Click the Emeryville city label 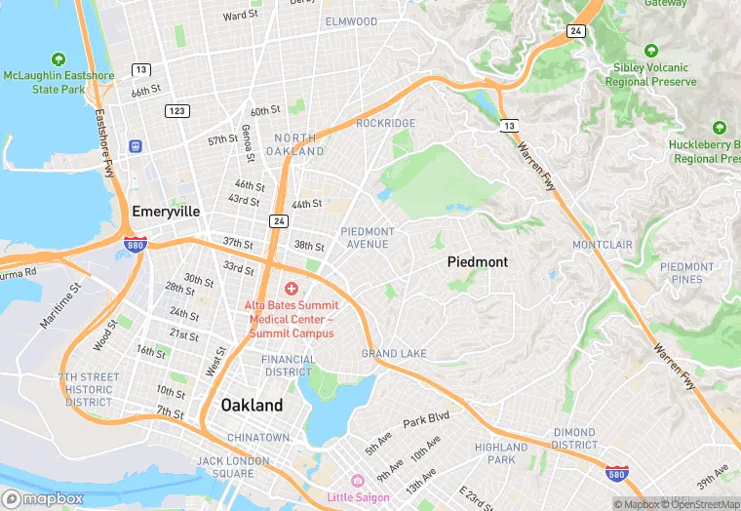click(166, 212)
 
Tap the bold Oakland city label click(252, 405)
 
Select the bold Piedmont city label click(478, 262)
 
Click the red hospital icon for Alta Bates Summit click(292, 289)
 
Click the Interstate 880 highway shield click(136, 244)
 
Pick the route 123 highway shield click(176, 110)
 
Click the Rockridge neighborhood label click(385, 123)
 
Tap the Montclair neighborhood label click(603, 244)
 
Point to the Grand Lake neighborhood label click(393, 353)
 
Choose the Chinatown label click(258, 438)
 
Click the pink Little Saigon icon click(357, 481)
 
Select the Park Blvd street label click(427, 418)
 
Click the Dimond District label click(574, 438)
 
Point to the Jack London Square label click(226, 467)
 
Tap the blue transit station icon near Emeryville click(136, 146)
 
